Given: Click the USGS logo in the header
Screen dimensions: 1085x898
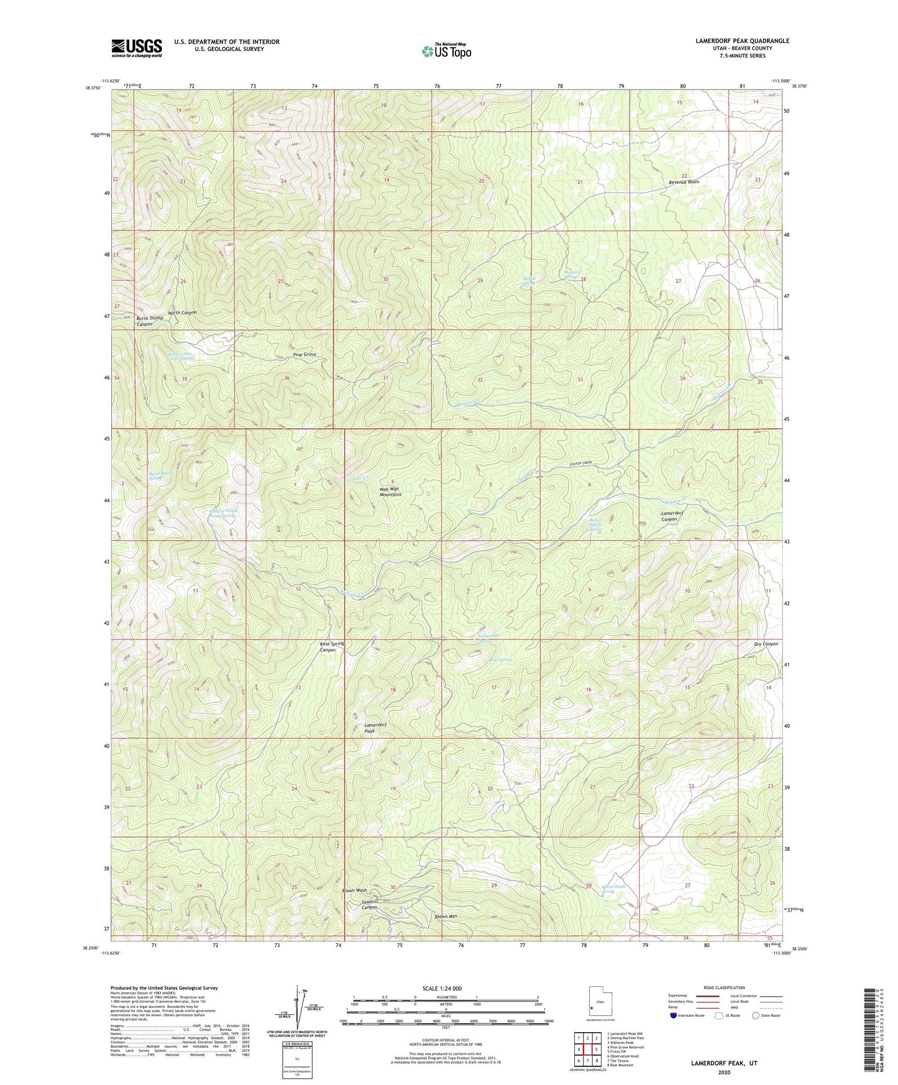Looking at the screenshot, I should (x=137, y=48).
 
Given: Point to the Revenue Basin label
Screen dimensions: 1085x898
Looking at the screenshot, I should (x=684, y=182).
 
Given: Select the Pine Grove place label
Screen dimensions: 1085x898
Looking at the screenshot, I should (x=305, y=354).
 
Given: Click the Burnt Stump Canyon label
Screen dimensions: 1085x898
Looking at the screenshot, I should (x=144, y=321).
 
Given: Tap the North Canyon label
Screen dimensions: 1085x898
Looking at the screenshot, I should (x=182, y=313).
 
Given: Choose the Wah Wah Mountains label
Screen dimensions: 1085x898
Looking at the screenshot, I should (x=390, y=492).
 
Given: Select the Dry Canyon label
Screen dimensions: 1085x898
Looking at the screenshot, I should (x=765, y=644).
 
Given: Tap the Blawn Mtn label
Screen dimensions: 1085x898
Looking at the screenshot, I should (x=446, y=917).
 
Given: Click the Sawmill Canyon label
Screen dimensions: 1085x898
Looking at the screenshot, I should (x=369, y=904).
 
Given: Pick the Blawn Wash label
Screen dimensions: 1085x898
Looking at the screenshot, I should (x=354, y=890).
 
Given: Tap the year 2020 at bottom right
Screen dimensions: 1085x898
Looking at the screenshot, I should (x=723, y=1072).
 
